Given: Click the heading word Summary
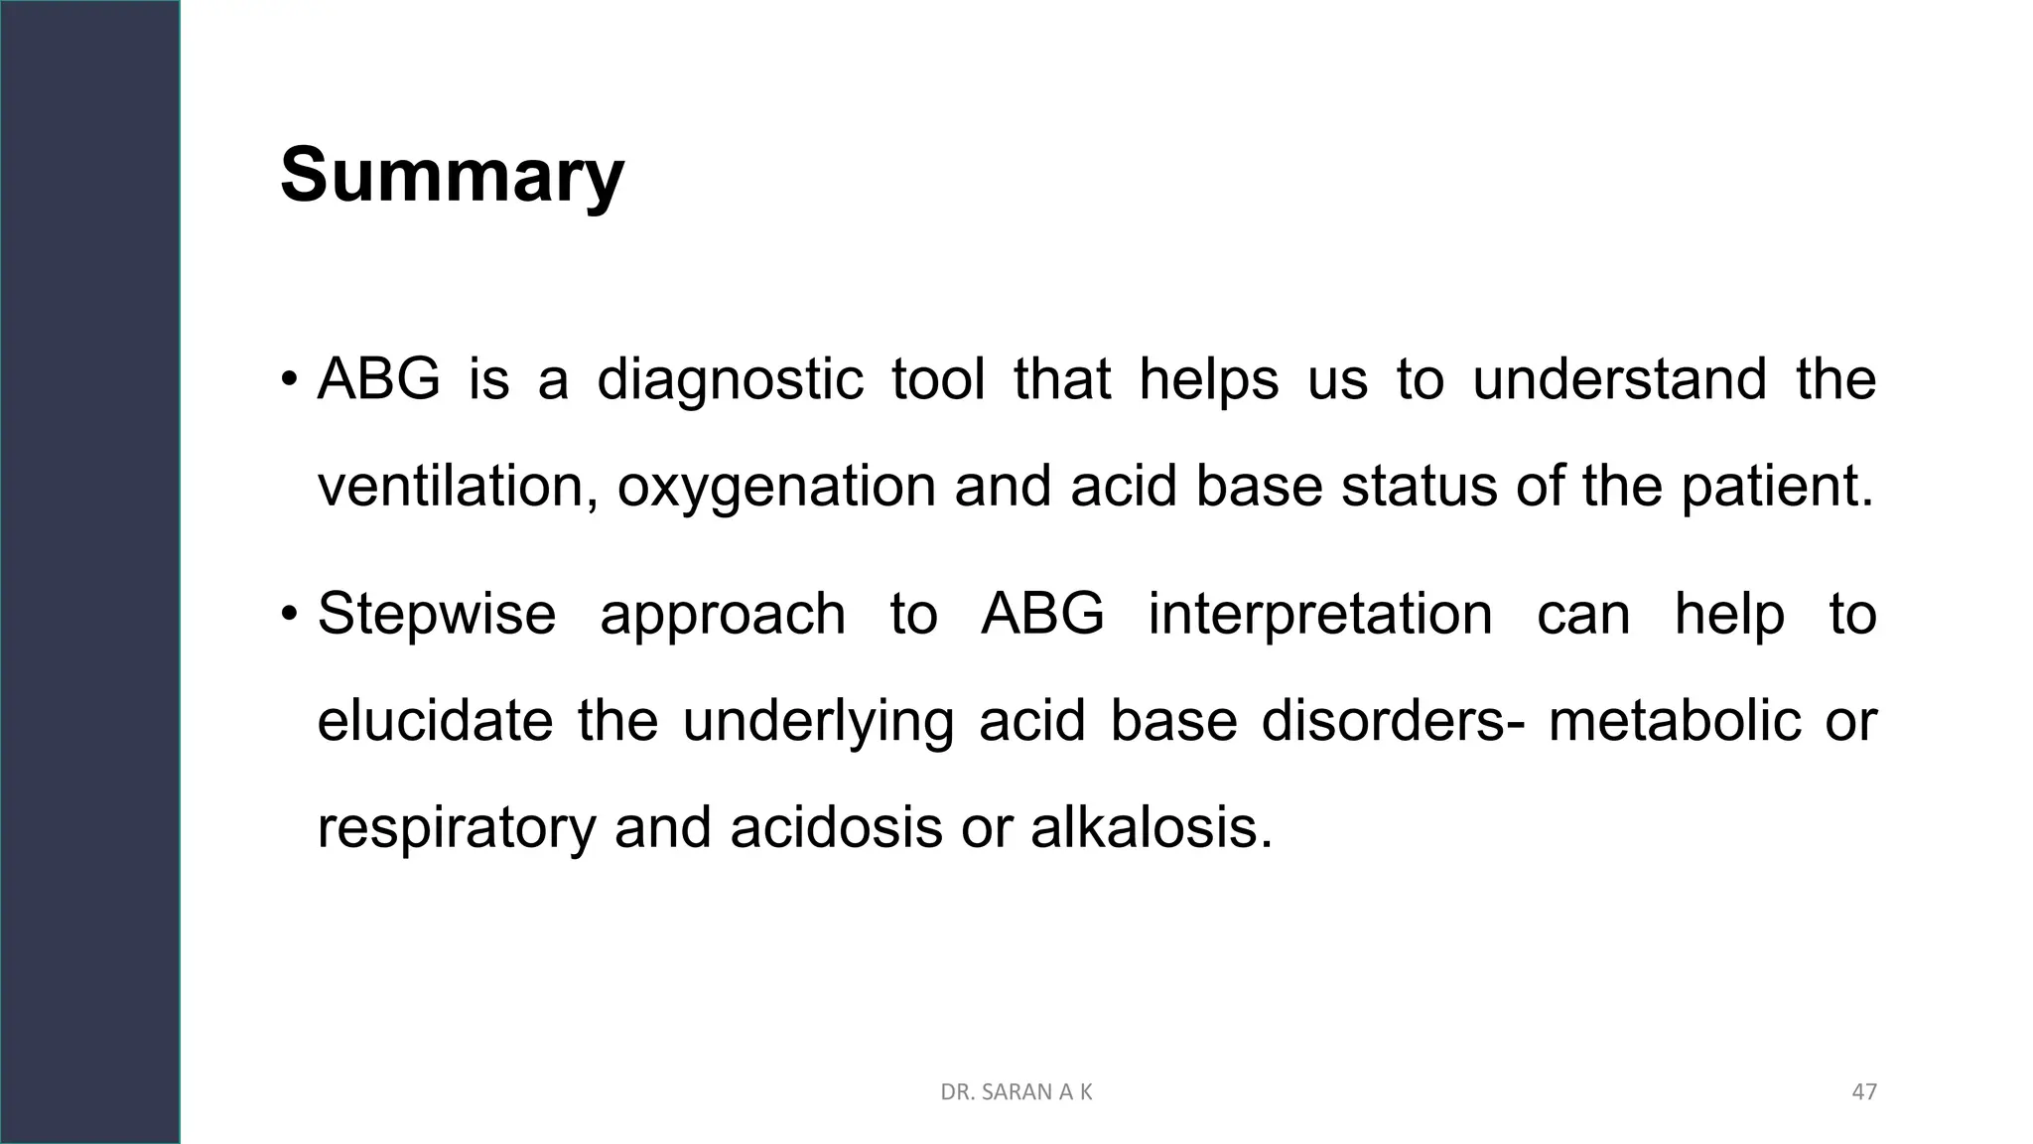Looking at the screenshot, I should tap(452, 176).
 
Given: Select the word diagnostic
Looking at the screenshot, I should tap(730, 380).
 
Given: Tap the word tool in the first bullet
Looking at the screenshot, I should tap(937, 380).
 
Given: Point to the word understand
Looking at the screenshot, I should tap(1619, 380).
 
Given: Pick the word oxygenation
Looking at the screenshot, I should tap(776, 488).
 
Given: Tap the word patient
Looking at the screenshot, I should tap(1776, 488).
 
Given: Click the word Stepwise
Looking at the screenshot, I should tap(437, 615).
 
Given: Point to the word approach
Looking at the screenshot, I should tap(723, 615).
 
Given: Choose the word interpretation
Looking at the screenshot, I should tap(1320, 615).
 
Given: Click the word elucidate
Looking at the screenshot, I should tap(435, 721).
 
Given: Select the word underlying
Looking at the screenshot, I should tap(818, 721).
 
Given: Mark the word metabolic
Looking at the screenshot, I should tap(1675, 721).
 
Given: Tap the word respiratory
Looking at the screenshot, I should tap(457, 828).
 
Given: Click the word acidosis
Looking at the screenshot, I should tap(836, 828).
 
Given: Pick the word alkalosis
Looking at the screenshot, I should tap(1151, 828).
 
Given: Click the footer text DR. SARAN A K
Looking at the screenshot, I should tap(1016, 1092).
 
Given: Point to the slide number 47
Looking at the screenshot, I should tap(1864, 1092).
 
